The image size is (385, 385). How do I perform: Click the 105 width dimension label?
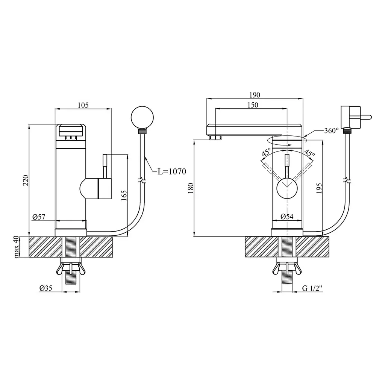[83, 105]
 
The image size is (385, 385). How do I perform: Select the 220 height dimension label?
[26, 180]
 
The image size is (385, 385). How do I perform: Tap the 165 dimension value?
[124, 196]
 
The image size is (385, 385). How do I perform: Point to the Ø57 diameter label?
[39, 217]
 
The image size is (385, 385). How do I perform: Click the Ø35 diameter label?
[46, 288]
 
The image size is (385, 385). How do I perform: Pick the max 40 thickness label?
[16, 247]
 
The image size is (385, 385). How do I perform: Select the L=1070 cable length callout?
[172, 171]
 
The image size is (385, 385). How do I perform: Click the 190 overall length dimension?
[255, 95]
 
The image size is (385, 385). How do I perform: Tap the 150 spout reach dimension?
[253, 105]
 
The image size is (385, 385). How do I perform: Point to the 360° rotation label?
[332, 130]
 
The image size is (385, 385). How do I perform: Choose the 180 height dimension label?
[191, 188]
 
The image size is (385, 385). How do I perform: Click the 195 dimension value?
[319, 188]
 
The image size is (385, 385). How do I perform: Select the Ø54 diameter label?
[287, 217]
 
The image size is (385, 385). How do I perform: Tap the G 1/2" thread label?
[312, 288]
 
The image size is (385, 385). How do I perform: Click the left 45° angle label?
[267, 152]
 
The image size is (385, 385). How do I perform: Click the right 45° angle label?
[309, 153]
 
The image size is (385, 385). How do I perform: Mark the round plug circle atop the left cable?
[142, 117]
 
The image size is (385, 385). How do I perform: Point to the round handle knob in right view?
[287, 188]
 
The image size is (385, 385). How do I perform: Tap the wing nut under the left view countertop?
[71, 268]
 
